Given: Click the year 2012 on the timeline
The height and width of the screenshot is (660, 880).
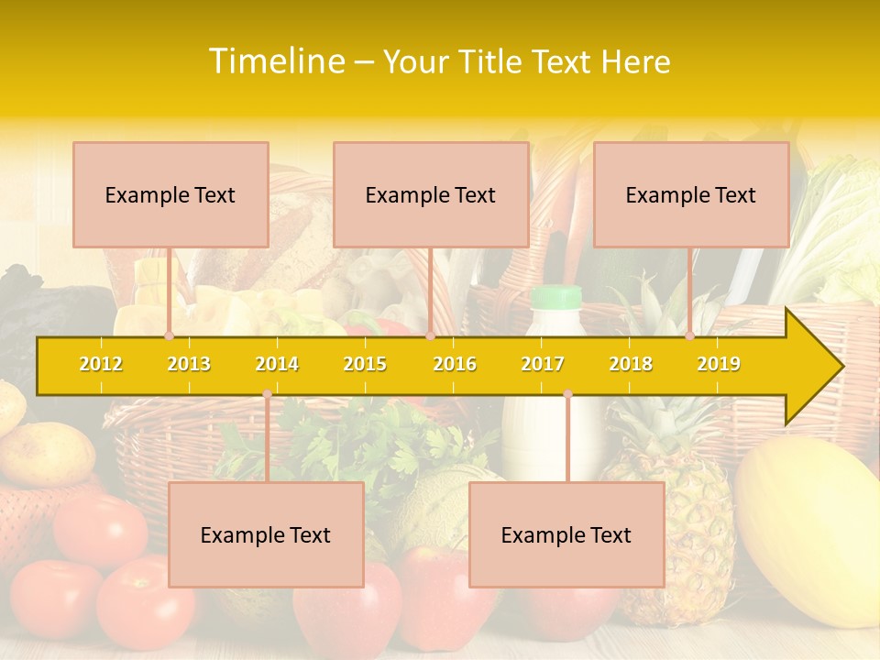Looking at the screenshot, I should click(101, 364).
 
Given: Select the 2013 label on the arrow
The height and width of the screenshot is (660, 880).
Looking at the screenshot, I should click(189, 364).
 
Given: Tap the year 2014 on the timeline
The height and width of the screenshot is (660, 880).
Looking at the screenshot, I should click(277, 364).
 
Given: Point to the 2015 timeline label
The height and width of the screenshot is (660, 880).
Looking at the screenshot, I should click(365, 364).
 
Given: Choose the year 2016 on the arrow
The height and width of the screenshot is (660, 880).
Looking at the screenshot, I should click(455, 364).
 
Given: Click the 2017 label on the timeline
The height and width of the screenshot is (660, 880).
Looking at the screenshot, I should click(543, 364).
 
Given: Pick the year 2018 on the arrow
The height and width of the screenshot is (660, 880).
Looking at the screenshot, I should click(631, 364).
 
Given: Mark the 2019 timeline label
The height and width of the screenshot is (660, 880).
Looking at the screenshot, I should click(719, 364).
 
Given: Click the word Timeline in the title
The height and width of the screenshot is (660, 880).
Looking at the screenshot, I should click(276, 61).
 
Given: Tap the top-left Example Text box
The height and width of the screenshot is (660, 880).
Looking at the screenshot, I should click(170, 194).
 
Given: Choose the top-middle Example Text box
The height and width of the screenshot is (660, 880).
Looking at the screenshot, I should click(431, 194).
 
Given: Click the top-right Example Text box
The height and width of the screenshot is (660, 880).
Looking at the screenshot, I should click(691, 194).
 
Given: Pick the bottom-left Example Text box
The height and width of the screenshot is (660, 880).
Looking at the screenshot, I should click(266, 534).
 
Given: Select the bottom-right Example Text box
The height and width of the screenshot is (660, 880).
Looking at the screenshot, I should click(566, 534).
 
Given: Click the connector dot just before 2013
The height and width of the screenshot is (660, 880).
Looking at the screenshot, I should click(170, 335).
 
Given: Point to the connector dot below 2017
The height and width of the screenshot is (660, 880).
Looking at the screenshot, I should click(567, 394).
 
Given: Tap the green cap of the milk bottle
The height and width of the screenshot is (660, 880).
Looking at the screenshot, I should click(556, 296).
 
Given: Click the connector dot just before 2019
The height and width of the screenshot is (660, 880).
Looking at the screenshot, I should click(690, 335).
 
